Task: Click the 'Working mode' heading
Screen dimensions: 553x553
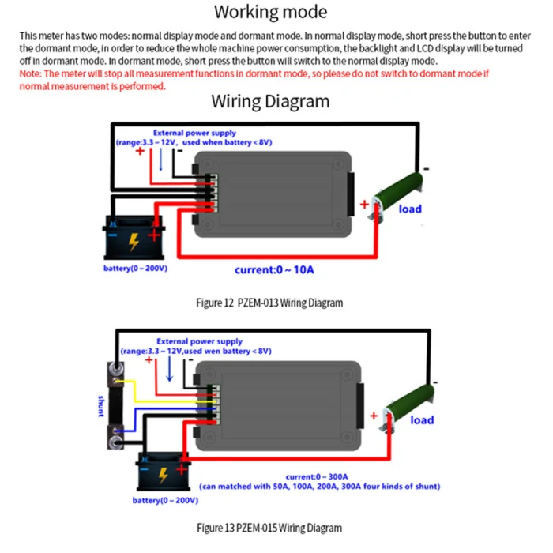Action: point(270,13)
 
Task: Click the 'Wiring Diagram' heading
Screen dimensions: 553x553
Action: point(270,102)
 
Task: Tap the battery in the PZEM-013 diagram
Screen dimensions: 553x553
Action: point(134,238)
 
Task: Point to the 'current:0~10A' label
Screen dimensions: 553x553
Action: point(274,269)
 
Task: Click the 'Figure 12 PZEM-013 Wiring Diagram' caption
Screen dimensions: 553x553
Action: point(269,303)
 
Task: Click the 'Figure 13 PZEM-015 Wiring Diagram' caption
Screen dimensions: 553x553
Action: point(269,528)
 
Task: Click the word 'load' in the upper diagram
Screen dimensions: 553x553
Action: point(410,209)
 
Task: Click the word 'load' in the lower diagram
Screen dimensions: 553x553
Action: point(422,419)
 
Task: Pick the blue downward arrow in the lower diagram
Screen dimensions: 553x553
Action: point(169,367)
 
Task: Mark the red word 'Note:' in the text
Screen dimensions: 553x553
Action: point(31,73)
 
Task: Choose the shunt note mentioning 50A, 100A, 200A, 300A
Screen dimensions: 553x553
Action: point(319,486)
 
